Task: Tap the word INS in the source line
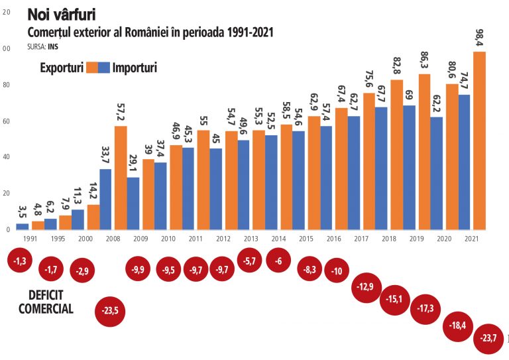(x=54, y=47)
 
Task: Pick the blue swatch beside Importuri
(x=104, y=68)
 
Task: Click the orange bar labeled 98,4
(x=479, y=141)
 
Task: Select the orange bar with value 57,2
(x=121, y=178)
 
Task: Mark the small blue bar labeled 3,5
(x=22, y=226)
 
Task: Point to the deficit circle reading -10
(x=337, y=270)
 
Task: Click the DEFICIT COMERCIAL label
(x=46, y=302)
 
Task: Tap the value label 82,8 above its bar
(x=396, y=67)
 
